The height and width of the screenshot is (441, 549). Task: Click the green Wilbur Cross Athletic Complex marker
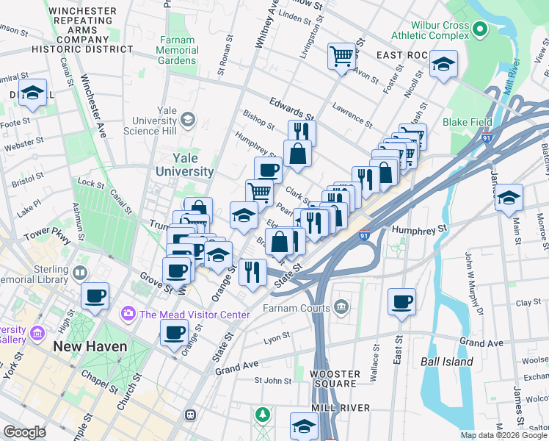[x=481, y=29]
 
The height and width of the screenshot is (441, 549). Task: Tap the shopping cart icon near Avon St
[x=342, y=55]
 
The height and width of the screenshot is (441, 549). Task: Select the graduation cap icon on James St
[x=509, y=197]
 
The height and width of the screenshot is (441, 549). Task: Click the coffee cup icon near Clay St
[x=402, y=301]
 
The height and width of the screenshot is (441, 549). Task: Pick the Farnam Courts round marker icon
[x=341, y=306]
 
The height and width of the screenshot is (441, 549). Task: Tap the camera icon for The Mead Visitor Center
[x=129, y=315]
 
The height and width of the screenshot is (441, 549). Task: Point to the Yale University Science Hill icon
[x=188, y=119]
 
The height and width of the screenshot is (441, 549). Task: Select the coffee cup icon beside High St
[x=95, y=295]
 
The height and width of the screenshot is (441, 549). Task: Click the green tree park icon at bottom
[x=262, y=416]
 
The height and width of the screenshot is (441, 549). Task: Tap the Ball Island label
[x=447, y=362]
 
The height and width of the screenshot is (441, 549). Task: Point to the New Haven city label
[x=90, y=345]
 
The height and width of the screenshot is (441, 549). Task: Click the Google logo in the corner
[x=25, y=432]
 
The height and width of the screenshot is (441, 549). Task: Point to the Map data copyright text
[x=503, y=435]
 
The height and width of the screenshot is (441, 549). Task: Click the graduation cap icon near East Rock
[x=444, y=63]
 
